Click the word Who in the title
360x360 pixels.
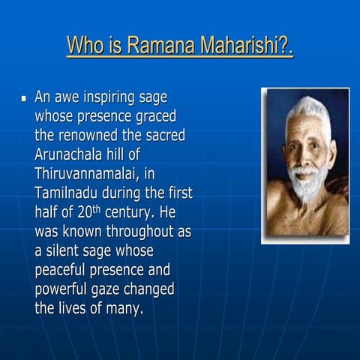click(86, 46)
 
